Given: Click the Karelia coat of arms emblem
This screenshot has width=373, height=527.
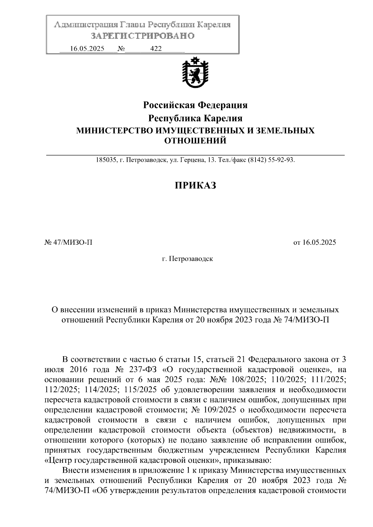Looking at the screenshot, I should [x=195, y=73].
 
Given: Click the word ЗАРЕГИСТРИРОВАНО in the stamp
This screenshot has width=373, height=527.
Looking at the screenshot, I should [x=143, y=36].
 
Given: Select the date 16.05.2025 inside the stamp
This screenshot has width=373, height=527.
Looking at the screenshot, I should [x=87, y=49].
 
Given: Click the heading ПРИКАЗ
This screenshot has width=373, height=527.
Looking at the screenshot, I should [x=195, y=185].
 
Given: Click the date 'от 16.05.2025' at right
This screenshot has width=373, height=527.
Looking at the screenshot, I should [x=315, y=243].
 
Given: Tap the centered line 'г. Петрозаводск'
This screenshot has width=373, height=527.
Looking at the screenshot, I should [x=187, y=259].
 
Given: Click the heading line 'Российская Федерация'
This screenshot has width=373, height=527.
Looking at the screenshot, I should [x=195, y=105].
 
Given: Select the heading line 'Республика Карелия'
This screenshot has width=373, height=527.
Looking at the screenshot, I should [x=195, y=118].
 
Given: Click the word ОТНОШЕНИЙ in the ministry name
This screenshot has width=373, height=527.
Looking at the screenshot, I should [x=195, y=141].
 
